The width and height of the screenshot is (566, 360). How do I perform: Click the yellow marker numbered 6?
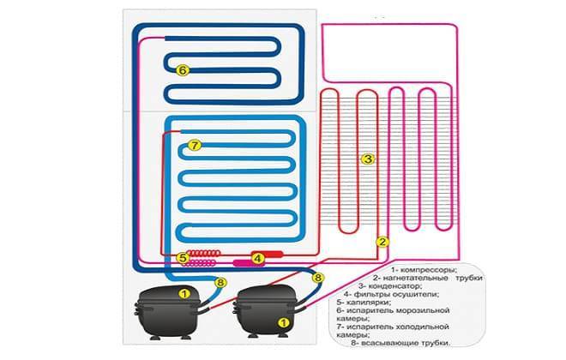click(183, 70)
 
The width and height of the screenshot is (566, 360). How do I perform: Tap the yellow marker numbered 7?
click(195, 146)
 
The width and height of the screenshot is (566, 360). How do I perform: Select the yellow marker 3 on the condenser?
click(368, 159)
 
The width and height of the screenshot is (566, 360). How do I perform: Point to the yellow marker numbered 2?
click(382, 242)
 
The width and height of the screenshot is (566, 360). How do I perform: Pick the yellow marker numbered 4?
click(258, 258)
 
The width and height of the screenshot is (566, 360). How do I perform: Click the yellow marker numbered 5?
click(183, 258)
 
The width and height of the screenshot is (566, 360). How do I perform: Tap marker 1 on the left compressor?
click(184, 294)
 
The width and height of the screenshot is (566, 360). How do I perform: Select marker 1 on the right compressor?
click(283, 322)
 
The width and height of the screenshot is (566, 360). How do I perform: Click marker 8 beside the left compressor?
click(220, 283)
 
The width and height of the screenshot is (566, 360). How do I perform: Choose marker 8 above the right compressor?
click(317, 278)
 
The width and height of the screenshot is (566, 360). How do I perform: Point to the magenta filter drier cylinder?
click(244, 263)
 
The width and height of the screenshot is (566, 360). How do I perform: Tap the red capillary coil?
click(203, 253)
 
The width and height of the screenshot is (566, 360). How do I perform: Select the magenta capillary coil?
click(200, 263)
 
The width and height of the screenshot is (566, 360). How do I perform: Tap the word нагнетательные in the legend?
click(416, 278)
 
